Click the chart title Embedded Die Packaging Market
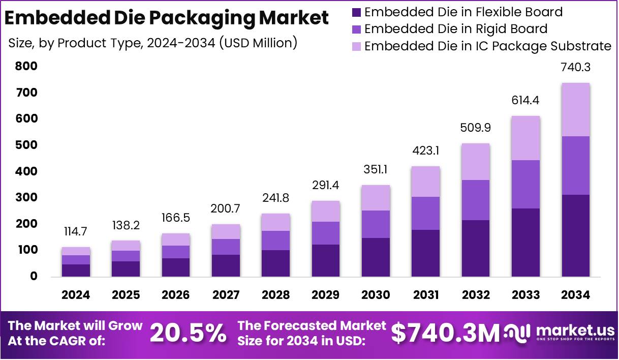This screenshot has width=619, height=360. click(166, 18)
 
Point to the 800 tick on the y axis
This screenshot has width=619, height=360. click(26, 66)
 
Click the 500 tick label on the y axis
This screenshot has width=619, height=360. click(26, 145)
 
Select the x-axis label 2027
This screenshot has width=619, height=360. click(226, 295)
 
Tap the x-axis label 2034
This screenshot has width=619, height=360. click(576, 295)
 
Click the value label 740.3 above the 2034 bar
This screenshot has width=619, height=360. click(575, 67)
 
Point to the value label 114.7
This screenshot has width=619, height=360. click(76, 231)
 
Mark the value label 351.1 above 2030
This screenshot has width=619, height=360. click(376, 169)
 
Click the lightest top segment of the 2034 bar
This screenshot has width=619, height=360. click(575, 109)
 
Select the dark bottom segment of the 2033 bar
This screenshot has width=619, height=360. click(525, 242)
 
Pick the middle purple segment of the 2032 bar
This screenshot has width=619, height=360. click(476, 200)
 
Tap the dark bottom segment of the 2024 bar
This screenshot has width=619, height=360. click(76, 270)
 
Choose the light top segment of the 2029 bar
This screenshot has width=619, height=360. click(326, 211)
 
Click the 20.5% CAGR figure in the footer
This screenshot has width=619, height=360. click(189, 334)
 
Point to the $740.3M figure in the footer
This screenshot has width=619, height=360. click(446, 334)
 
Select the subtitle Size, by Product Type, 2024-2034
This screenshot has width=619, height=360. click(152, 43)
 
